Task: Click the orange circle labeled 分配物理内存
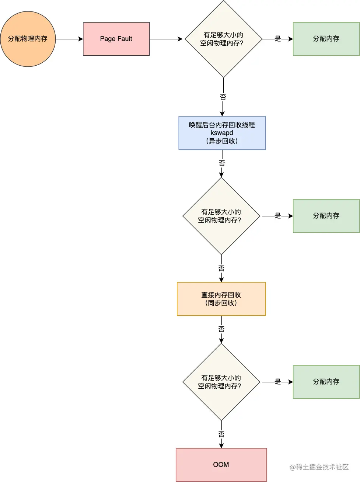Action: tap(28, 39)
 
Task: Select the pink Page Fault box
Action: tap(116, 39)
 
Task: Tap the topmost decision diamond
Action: tap(223, 39)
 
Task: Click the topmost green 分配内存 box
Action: tap(326, 39)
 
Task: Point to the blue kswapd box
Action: tap(222, 133)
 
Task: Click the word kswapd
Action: tap(222, 133)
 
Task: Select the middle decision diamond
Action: tap(221, 216)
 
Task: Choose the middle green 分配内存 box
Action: tap(326, 216)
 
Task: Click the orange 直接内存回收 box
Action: tap(221, 299)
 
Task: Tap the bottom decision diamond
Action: tap(221, 382)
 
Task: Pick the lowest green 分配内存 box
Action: tap(326, 382)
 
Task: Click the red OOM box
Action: tap(221, 465)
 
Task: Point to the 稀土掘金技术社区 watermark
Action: tap(319, 467)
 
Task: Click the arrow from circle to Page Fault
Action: tap(69, 39)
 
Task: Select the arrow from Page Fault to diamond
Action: tap(166, 39)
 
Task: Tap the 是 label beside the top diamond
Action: tap(278, 39)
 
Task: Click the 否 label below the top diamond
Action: tap(223, 97)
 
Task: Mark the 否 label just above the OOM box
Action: tap(221, 434)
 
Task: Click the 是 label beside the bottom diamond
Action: tap(278, 382)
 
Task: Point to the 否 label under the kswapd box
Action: tap(222, 163)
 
